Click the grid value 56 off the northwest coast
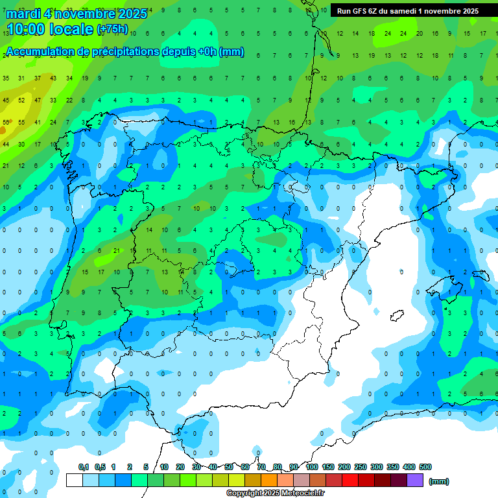pos(6,122)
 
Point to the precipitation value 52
pos(21,101)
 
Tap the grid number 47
pos(38,101)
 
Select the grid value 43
pos(53,78)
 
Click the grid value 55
pos(21,122)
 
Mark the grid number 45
pos(6,101)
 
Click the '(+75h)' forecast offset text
pos(112,30)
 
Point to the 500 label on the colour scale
pos(425,467)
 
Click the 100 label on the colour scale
pos(312,467)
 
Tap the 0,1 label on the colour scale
pos(84,467)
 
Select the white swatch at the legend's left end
pos(75,480)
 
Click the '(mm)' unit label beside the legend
pos(439,481)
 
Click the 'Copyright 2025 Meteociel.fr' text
pos(276,493)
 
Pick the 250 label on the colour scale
pos(361,467)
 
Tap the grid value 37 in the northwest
pos(38,78)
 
